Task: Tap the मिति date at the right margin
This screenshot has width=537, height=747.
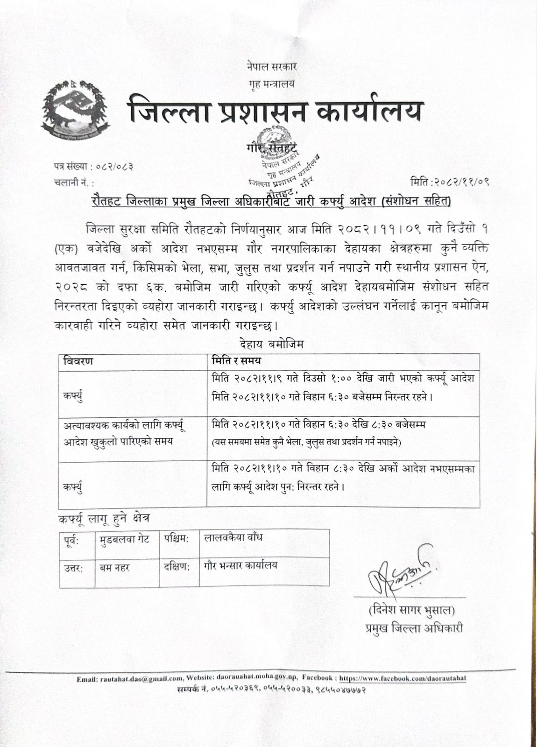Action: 450,182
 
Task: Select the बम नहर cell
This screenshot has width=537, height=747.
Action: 114,568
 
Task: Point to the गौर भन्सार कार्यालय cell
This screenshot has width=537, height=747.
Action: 240,565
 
